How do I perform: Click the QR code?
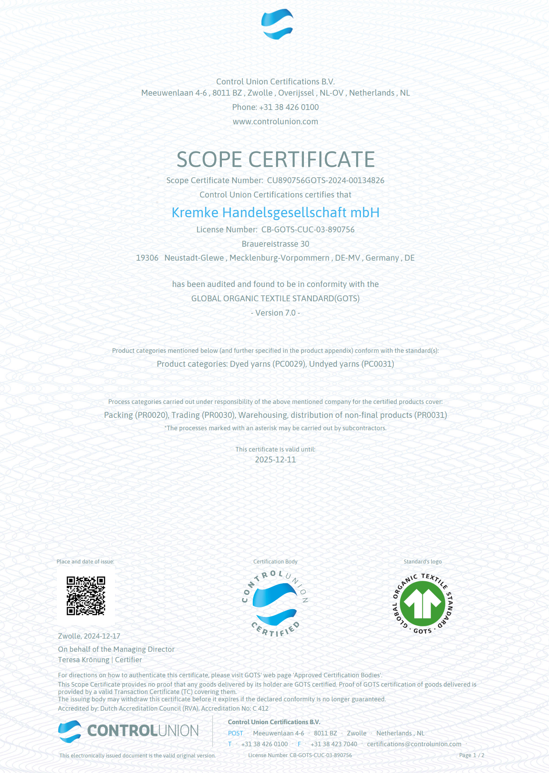click(x=86, y=596)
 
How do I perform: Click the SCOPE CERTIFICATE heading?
click(x=275, y=159)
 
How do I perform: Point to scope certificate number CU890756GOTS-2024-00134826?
click(x=325, y=180)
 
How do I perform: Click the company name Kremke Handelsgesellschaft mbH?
click(x=275, y=213)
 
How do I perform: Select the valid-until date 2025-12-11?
click(x=275, y=460)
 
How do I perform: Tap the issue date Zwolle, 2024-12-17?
click(x=89, y=636)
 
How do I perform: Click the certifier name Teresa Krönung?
click(x=84, y=660)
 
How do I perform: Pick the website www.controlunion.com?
click(x=275, y=122)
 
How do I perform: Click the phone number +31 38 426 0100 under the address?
click(x=289, y=107)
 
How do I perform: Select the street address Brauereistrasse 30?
click(x=275, y=244)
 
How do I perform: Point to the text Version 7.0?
click(x=275, y=313)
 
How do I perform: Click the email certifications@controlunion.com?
click(x=414, y=744)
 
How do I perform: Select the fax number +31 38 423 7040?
click(x=334, y=744)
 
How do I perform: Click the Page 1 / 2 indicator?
click(x=471, y=755)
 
